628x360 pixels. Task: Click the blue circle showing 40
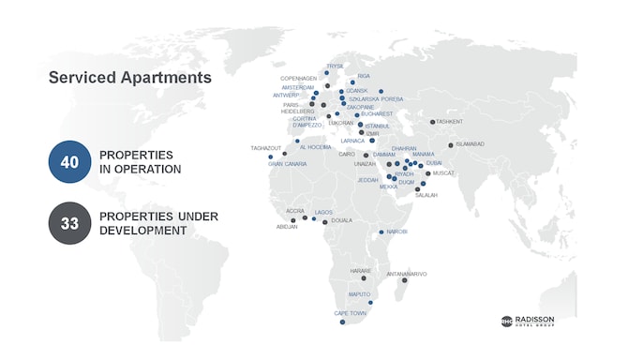69,161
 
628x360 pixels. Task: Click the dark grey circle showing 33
69,223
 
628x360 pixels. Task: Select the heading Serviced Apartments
130,78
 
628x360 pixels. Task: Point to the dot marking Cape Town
342,322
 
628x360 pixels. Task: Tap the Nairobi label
396,231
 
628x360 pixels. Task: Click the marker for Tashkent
432,122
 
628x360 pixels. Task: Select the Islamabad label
471,143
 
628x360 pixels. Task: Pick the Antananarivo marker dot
404,280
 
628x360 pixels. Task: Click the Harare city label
361,271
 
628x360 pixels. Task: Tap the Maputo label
360,294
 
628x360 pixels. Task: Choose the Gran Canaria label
289,164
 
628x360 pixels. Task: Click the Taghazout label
266,147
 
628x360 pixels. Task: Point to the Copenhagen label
299,78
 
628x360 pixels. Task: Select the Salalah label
426,195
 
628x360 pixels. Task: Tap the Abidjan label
287,226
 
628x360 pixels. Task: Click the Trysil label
336,66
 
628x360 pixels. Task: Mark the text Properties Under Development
158,223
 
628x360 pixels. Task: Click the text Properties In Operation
141,161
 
